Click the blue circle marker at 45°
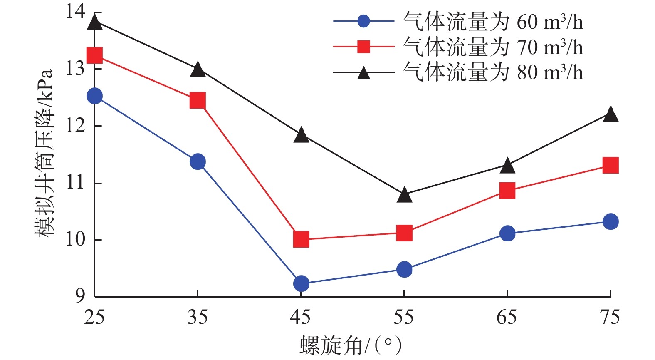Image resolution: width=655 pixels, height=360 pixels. [301, 283]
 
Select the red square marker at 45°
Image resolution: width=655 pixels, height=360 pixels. [301, 239]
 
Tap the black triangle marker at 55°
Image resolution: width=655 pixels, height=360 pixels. [404, 195]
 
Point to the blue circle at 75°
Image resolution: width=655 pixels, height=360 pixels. [610, 221]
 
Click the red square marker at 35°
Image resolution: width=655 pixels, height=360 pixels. [198, 100]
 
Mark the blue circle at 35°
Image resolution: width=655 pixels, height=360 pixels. [198, 161]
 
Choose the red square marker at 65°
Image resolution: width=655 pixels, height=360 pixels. [507, 191]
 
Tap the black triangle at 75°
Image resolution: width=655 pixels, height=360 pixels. [610, 114]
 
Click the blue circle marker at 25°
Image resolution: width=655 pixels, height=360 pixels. [95, 96]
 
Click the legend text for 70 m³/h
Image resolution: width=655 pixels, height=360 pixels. [492, 47]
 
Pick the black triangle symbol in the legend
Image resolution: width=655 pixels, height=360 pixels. [364, 73]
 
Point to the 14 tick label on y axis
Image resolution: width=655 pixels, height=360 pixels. [75, 11]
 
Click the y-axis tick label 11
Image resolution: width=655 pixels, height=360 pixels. [75, 183]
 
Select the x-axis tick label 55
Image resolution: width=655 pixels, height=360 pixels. [403, 318]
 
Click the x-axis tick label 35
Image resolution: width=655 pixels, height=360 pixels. [198, 318]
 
